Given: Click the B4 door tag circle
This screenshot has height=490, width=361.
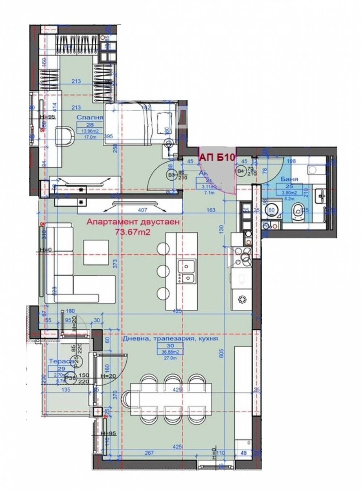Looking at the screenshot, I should (x=241, y=171).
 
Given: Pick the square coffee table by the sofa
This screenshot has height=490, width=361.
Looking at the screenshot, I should (x=96, y=252).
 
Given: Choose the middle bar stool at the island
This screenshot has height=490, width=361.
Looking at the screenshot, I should (x=162, y=271).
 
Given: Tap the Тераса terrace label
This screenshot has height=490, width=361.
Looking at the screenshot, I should (x=59, y=361).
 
